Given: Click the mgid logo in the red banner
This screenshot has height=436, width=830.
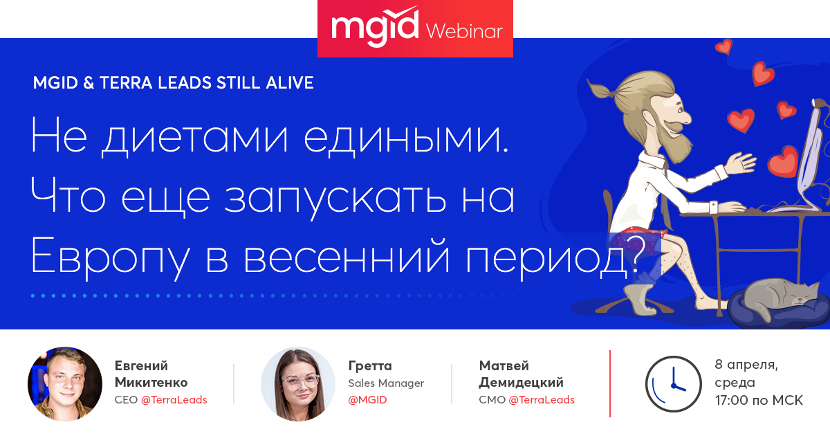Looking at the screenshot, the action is pyautogui.click(x=375, y=27).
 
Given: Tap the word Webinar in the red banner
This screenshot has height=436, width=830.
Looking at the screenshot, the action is pyautogui.click(x=464, y=31).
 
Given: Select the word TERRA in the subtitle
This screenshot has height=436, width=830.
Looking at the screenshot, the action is pyautogui.click(x=126, y=82).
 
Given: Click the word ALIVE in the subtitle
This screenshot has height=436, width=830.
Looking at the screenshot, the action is pyautogui.click(x=290, y=82).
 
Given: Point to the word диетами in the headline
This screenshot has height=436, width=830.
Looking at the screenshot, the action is pyautogui.click(x=195, y=137).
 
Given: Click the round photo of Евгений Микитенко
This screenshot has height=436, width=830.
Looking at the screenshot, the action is pyautogui.click(x=65, y=383).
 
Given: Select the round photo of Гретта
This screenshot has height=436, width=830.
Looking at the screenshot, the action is pyautogui.click(x=298, y=383).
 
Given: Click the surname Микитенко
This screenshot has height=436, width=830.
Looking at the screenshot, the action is pyautogui.click(x=151, y=382).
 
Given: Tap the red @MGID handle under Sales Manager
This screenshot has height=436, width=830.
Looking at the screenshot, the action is pyautogui.click(x=367, y=400).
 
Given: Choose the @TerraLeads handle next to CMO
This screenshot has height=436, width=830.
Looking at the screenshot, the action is pyautogui.click(x=542, y=400).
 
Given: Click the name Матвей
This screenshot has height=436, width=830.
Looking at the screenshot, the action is pyautogui.click(x=504, y=366).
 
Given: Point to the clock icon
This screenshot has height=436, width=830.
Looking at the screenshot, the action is pyautogui.click(x=673, y=384).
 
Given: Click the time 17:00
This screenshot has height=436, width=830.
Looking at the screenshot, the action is pyautogui.click(x=732, y=401).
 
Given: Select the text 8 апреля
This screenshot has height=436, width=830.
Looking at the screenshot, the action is pyautogui.click(x=746, y=365).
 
